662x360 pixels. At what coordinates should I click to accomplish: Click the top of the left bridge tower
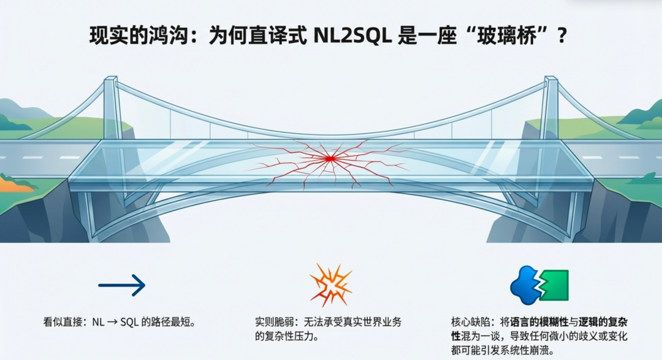coord(110,80)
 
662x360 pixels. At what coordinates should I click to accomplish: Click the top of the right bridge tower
coord(550,80)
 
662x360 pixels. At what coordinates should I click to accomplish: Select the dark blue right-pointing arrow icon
coord(121,285)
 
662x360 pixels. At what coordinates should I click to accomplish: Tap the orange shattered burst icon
coord(330,285)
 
